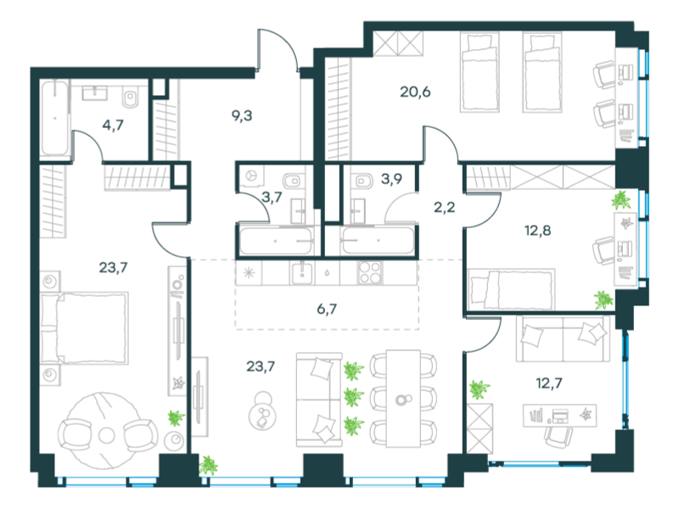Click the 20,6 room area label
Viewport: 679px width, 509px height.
point(415,92)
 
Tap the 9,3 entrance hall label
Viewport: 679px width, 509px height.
point(242,116)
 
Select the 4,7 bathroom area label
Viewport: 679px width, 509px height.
point(113,126)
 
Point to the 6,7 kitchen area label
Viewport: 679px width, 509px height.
point(327,310)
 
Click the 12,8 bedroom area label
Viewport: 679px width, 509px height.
point(538,231)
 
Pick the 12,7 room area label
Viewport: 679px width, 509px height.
point(549,383)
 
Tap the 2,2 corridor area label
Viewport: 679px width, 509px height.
point(445,208)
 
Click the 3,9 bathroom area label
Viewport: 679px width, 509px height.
point(391,179)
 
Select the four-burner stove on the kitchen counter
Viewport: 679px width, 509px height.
point(370,273)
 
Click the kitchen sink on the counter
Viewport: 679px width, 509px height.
point(302,273)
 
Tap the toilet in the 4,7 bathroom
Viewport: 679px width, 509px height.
point(131,97)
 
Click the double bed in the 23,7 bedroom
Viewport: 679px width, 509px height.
point(84,328)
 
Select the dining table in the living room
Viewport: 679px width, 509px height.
point(404,399)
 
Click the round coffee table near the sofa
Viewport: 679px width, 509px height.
point(261,411)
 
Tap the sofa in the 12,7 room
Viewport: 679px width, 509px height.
point(563,338)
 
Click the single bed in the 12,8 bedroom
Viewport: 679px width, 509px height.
point(512,288)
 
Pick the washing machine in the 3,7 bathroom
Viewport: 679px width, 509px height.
point(250,176)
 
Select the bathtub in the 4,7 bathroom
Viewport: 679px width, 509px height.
point(55,118)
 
